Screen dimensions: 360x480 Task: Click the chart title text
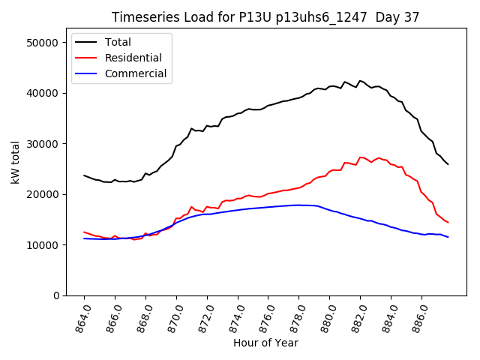(x=265, y=17)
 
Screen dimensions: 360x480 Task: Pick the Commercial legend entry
(x=136, y=74)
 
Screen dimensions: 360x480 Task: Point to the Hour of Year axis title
(x=265, y=343)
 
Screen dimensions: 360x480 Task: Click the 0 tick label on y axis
(x=55, y=295)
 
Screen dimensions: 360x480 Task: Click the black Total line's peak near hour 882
(x=360, y=80)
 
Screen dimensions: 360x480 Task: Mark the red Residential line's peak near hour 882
(x=361, y=157)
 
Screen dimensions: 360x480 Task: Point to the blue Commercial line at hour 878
(x=299, y=205)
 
